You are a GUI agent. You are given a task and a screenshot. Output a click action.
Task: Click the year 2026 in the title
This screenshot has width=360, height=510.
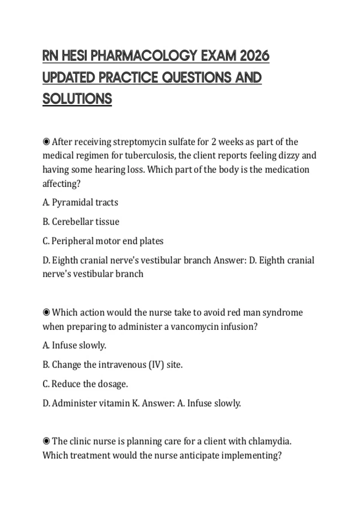pyautogui.click(x=255, y=56)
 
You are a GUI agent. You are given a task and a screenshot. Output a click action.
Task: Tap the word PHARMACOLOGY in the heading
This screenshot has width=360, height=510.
pyautogui.click(x=144, y=56)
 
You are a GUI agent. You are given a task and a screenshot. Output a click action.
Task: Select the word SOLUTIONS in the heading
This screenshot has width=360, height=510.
pyautogui.click(x=77, y=99)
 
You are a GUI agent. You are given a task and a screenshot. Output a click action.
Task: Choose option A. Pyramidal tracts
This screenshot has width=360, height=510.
pyautogui.click(x=80, y=202)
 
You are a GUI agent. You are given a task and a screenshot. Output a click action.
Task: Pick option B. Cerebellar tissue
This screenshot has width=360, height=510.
pyautogui.click(x=81, y=222)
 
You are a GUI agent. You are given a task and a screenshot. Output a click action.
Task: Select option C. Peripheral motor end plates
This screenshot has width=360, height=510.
pyautogui.click(x=103, y=241)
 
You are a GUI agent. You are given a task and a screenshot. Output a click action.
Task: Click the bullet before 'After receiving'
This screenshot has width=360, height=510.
pyautogui.click(x=46, y=142)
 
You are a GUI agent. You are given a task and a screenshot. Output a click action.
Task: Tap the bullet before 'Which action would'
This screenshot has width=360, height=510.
pyautogui.click(x=46, y=313)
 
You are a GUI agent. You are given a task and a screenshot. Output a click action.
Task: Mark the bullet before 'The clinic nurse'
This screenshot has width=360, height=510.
pyautogui.click(x=46, y=441)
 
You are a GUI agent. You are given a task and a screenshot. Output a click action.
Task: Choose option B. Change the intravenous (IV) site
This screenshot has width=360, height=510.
pyautogui.click(x=112, y=365)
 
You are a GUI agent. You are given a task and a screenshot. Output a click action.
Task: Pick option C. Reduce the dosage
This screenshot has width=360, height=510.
pyautogui.click(x=85, y=384)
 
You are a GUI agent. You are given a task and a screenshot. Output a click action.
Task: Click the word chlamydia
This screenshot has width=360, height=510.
pyautogui.click(x=270, y=442)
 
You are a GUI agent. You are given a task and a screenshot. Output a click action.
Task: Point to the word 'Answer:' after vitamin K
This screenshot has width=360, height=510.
pyautogui.click(x=158, y=403)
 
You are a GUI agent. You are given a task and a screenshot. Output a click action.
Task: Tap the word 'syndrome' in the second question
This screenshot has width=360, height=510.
pyautogui.click(x=282, y=313)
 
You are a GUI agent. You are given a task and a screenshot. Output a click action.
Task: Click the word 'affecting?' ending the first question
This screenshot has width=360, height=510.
pyautogui.click(x=61, y=184)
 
